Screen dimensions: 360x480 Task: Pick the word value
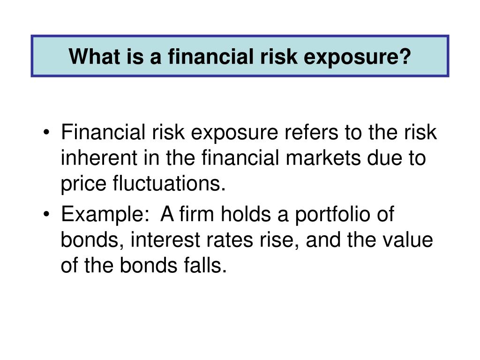coord(407,240)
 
